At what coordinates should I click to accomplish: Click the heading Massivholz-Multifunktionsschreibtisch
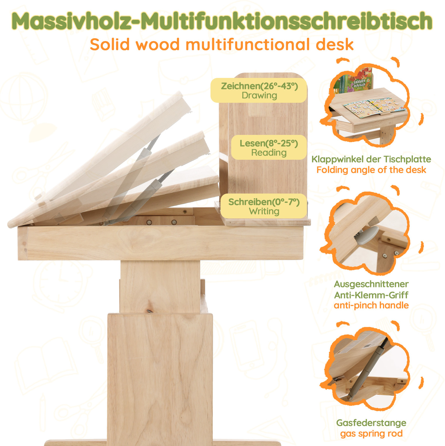[x=222, y=21]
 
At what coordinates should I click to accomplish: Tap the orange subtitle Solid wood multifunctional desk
[x=222, y=45]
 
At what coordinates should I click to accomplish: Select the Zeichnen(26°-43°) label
[x=260, y=86]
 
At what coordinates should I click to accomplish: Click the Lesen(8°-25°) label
[x=269, y=143]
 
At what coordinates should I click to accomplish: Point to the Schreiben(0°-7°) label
[x=264, y=202]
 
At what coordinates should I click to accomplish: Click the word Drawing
[x=260, y=96]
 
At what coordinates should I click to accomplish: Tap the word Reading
[x=269, y=152]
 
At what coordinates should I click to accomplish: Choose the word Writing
[x=264, y=211]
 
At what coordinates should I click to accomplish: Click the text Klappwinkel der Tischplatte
[x=371, y=159]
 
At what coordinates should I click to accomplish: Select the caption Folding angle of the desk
[x=371, y=170]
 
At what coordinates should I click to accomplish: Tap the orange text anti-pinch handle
[x=371, y=305]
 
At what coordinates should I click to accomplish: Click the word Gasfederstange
[x=371, y=423]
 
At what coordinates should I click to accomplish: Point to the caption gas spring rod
[x=371, y=433]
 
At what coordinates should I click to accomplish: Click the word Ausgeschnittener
[x=371, y=284]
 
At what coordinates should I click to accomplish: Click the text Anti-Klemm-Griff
[x=371, y=295]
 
